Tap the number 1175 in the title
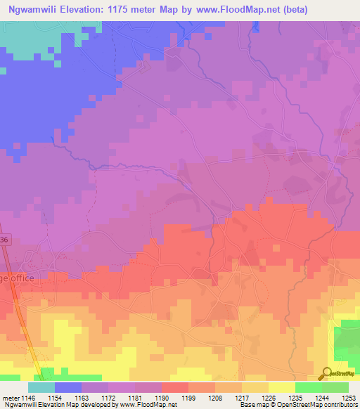tap(135, 9)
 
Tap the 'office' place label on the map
tap(17, 278)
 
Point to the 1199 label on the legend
tap(189, 398)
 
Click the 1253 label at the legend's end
tap(349, 398)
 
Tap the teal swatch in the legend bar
tap(41, 387)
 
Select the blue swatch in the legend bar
tap(68, 387)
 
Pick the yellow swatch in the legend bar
tap(282, 387)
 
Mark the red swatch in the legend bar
tap(175, 387)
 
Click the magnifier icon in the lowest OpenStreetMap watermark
tap(325, 374)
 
